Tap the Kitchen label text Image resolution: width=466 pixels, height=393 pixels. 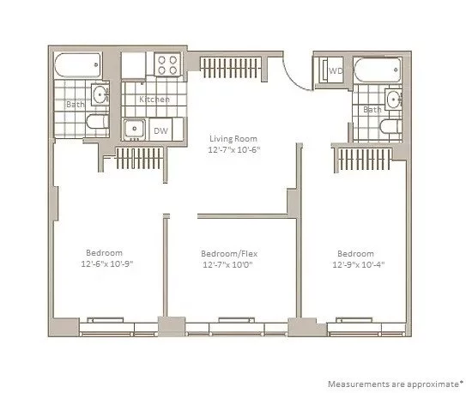pos(154,100)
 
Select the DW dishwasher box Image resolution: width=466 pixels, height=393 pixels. pos(160,130)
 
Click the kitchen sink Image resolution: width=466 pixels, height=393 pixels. pos(133,130)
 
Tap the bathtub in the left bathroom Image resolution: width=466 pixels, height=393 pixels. pos(76,65)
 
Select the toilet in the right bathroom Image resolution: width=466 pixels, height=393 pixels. pos(389,130)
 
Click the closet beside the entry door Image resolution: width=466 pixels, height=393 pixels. pos(234,64)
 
